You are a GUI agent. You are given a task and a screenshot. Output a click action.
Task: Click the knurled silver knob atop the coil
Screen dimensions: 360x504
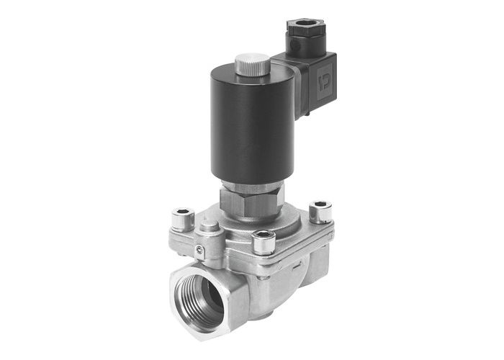coord(252,63)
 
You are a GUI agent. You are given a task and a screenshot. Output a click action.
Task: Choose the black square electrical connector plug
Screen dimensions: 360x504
coord(313,72)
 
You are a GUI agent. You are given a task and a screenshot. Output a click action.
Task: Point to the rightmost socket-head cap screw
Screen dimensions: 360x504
coord(319,211)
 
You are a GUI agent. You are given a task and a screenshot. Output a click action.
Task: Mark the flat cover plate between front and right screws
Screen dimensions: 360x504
coord(295,230)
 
